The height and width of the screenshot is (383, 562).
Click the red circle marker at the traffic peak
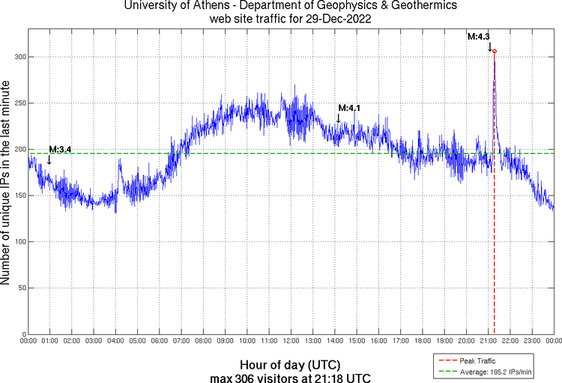click(x=495, y=52)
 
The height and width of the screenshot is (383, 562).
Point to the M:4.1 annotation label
click(x=349, y=109)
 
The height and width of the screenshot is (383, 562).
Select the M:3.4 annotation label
click(x=60, y=150)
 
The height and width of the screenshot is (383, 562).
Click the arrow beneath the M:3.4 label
click(x=49, y=160)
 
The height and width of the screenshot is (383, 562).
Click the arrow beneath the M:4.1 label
click(x=339, y=118)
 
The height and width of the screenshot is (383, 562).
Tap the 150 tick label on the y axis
click(x=17, y=196)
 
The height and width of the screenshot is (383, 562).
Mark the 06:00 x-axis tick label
click(x=160, y=341)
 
